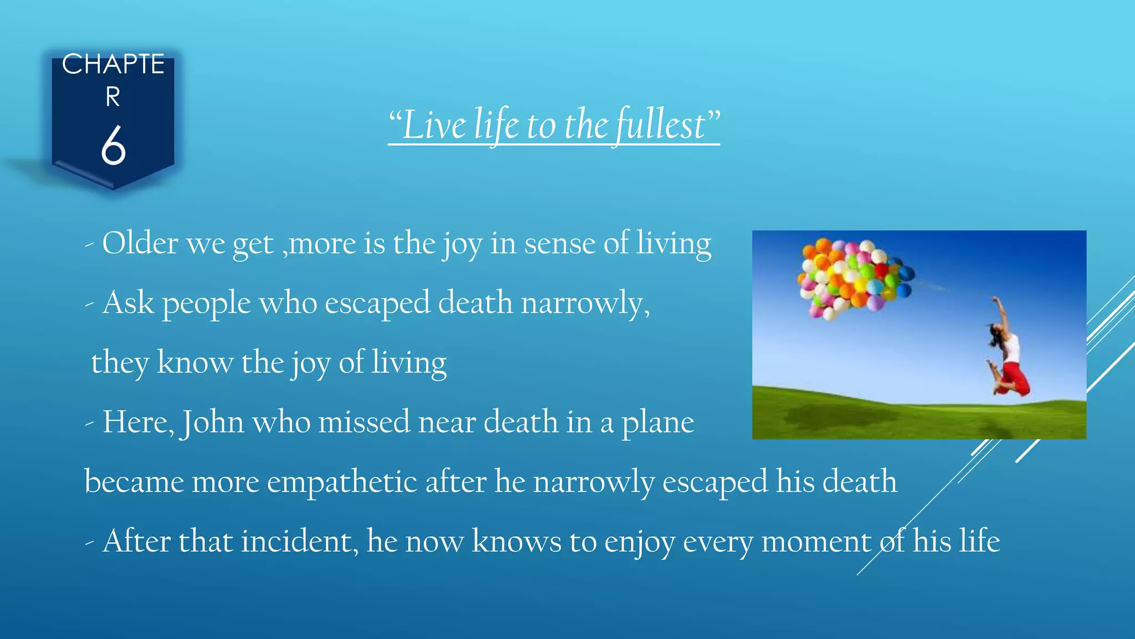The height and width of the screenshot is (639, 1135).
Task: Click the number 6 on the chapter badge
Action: point(113,145)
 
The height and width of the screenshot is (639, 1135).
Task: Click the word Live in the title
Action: point(434,125)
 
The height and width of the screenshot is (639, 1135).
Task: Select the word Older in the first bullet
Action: point(140,243)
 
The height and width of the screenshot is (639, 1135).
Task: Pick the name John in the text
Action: point(213,422)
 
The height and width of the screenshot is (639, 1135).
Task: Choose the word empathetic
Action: point(342,481)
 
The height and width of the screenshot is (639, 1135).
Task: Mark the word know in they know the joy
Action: point(195,363)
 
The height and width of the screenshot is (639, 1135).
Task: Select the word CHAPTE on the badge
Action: point(113,64)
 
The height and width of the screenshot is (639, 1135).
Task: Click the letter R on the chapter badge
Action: point(113,98)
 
